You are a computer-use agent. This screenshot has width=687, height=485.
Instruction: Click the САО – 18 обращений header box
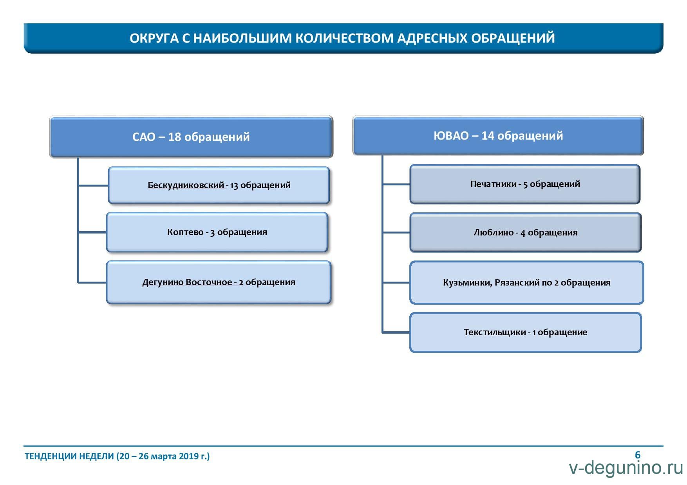pos(191,137)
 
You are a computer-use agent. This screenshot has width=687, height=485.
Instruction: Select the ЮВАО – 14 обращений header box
pos(498,135)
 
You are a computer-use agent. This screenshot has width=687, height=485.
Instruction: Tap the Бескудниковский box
pos(219,185)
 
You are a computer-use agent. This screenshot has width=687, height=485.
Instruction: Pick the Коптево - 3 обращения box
pos(217,232)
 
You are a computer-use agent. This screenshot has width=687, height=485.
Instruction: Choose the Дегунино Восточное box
pos(219,282)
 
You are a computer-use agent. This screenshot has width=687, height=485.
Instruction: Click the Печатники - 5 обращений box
pos(525,184)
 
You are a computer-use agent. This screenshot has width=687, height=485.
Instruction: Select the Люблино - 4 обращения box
pos(525,232)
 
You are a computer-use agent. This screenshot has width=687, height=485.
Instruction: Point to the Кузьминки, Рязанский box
pos(526,282)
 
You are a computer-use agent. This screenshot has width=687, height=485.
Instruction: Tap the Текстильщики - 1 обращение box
pos(525,332)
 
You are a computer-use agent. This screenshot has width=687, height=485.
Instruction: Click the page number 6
pos(638,455)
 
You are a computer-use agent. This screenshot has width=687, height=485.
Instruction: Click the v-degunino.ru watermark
pos(626,468)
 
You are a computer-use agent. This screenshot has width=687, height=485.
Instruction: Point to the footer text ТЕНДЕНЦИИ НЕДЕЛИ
pos(69,456)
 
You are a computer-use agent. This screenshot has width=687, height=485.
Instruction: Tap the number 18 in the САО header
pos(174,137)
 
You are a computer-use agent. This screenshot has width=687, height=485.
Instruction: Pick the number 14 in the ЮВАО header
pos(488,136)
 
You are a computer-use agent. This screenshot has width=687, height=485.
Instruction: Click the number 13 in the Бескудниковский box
pos(234,185)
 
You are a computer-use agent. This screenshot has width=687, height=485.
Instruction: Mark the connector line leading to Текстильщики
pos(396,332)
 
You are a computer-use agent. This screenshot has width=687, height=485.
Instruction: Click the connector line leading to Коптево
pos(92,232)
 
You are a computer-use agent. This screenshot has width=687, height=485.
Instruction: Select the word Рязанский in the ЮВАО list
pos(518,282)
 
